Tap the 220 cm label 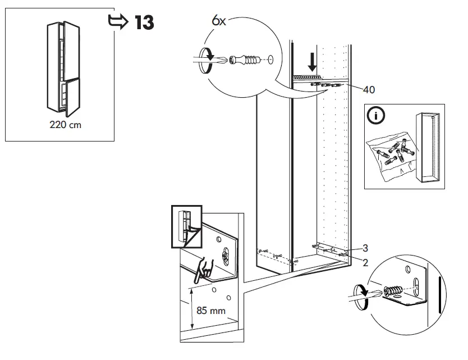tap(64, 125)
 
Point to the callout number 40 tap(369, 89)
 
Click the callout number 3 tap(365, 248)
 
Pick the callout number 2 tap(365, 262)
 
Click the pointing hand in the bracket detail tap(201, 271)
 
